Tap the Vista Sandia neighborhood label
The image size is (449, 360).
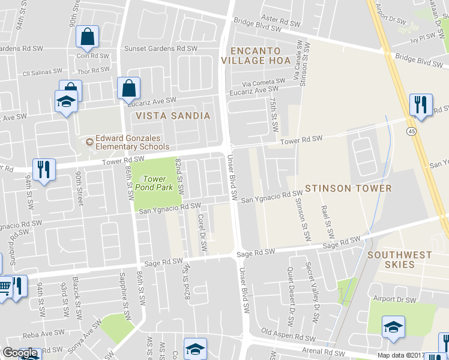pos(173,116)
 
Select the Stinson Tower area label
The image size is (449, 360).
pos(348,188)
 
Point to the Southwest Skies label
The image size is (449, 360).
pos(399,259)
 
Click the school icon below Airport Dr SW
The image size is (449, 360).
pos(393,327)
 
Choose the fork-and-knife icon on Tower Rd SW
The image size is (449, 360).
pos(44,169)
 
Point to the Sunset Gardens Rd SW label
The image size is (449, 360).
pos(160,49)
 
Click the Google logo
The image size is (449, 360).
pos(20,353)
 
